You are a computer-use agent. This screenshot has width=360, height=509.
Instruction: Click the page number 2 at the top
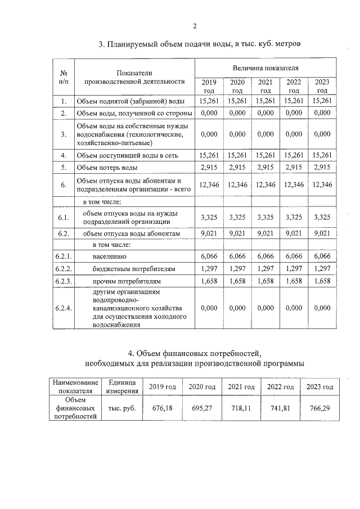tap(195, 26)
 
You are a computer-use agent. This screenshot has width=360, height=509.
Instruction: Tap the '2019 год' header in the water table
tap(209, 86)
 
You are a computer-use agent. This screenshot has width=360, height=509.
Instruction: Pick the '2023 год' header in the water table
tap(322, 86)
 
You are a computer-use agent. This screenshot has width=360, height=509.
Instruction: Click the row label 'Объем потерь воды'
tap(107, 168)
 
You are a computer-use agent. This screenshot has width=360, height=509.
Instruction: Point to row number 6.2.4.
tap(64, 308)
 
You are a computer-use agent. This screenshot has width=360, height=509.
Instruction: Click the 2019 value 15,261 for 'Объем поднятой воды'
tap(209, 101)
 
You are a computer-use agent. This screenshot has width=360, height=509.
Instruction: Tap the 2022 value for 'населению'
tap(294, 256)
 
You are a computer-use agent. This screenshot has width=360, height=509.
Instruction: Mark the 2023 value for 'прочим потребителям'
tap(322, 280)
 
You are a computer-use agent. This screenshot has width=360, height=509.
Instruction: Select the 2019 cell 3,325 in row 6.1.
tap(209, 217)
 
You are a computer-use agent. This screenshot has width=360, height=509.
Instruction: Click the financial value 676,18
tap(162, 408)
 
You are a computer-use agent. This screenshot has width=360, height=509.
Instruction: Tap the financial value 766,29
tap(319, 408)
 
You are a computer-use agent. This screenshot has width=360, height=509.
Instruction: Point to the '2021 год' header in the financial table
tap(241, 387)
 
